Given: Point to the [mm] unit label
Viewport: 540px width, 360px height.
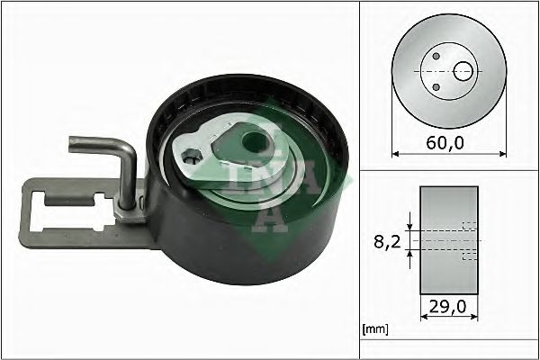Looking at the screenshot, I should tap(374, 329).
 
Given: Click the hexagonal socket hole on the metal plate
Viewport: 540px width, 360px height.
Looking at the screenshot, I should tap(191, 160).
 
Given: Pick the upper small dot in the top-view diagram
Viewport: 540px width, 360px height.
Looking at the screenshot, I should tap(436, 56).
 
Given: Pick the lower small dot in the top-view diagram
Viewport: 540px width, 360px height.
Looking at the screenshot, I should tap(436, 85).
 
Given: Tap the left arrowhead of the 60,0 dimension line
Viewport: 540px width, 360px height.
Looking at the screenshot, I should tap(397, 153).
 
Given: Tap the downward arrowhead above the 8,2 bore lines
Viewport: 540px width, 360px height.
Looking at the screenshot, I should tap(410, 224).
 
